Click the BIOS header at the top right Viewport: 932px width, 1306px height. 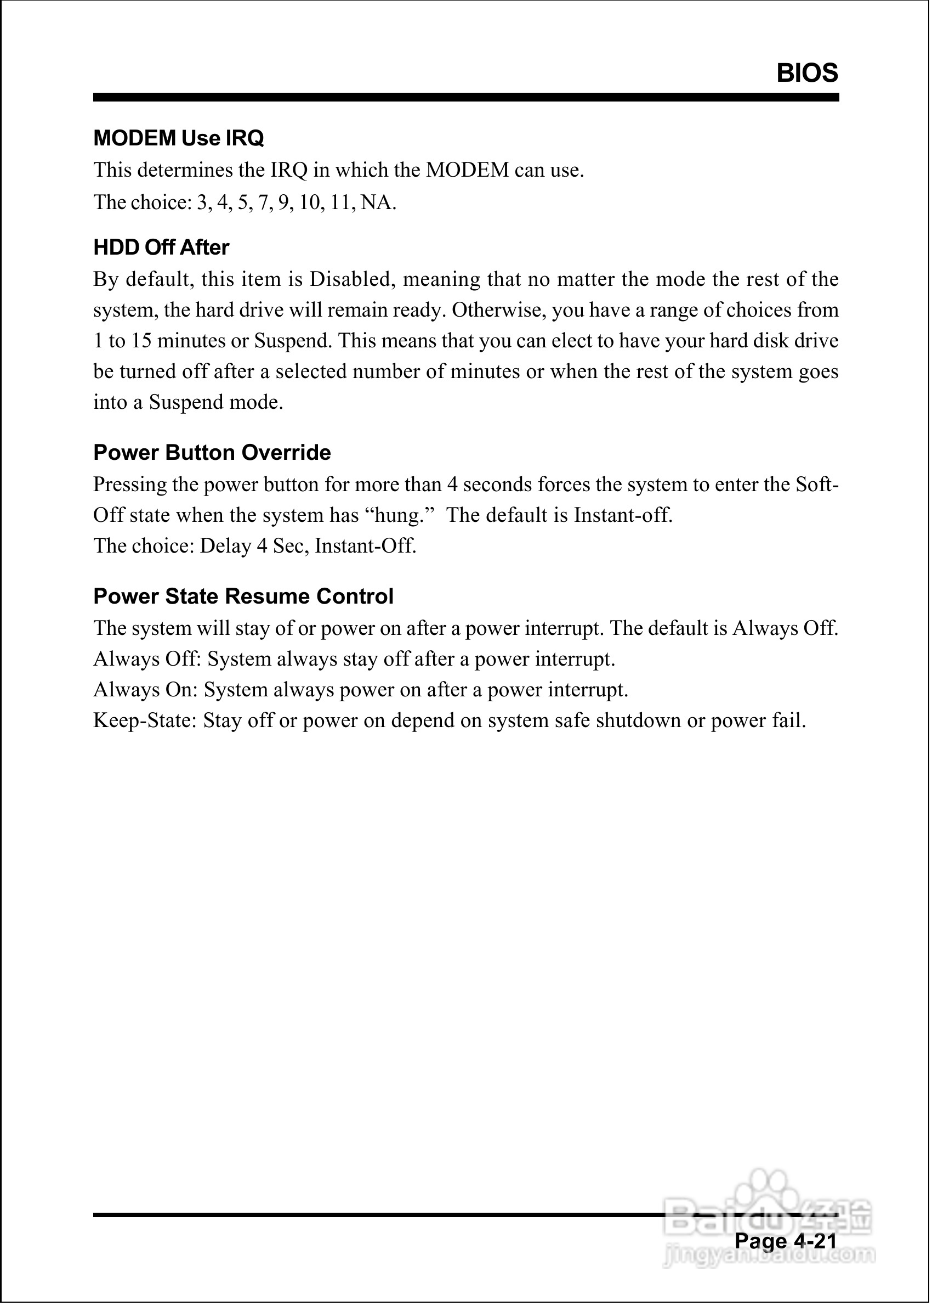807,74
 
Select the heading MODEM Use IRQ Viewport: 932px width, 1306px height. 179,138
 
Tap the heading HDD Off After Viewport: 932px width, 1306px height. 161,247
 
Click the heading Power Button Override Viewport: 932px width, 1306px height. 212,453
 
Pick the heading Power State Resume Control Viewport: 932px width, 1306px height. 243,596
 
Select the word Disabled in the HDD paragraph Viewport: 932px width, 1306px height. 350,280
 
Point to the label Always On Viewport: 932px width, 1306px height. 145,690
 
